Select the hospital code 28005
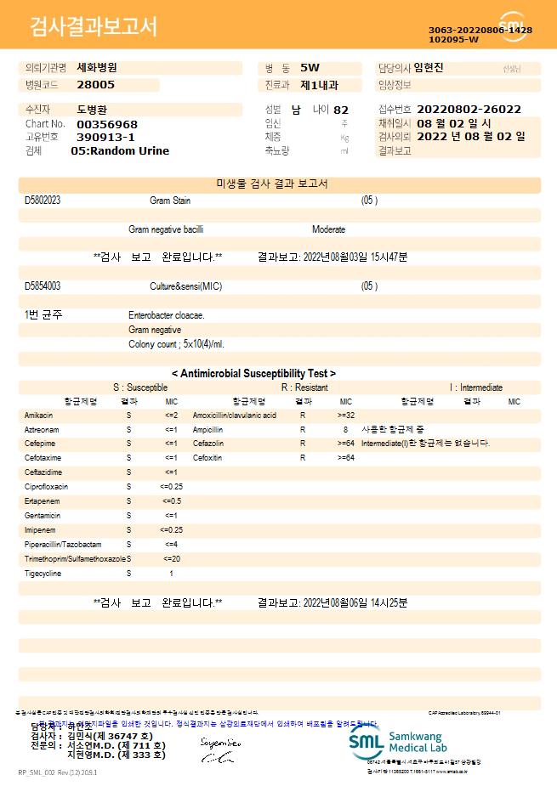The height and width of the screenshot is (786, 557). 95,85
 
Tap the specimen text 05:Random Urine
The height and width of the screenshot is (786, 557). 120,151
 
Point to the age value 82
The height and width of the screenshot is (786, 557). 341,110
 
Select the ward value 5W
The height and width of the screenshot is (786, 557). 310,68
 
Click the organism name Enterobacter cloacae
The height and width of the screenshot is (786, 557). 167,315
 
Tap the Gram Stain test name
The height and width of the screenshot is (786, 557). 171,201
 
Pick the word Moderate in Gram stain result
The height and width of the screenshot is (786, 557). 328,229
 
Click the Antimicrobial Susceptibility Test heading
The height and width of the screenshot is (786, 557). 253,373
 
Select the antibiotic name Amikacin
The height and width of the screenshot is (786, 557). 39,416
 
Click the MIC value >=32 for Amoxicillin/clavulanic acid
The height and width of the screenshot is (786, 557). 346,416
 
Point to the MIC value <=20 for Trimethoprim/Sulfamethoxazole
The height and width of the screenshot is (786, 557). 171,559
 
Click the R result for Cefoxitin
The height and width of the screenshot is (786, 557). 303,458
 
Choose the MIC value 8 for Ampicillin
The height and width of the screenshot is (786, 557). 345,430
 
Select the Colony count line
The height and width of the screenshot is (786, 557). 177,344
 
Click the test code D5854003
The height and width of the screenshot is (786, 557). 43,286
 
